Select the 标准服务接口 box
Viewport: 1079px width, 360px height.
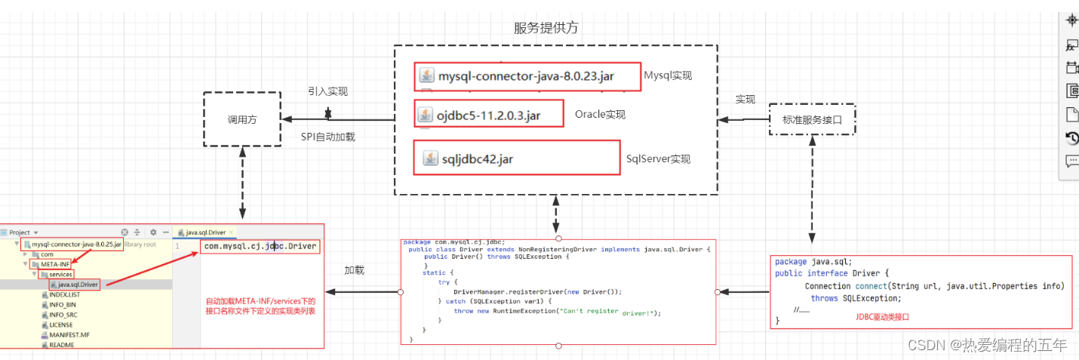pos(812,119)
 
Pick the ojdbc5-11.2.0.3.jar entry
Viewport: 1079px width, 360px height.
pos(488,115)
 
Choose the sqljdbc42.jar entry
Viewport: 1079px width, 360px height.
pos(478,158)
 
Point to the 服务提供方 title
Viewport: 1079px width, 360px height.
pos(546,28)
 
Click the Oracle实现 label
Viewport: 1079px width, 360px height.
pos(600,115)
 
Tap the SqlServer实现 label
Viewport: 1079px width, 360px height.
pos(658,159)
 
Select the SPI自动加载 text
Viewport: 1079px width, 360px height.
pos(327,137)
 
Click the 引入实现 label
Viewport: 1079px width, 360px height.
pos(327,91)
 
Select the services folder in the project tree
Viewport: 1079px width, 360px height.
pos(60,274)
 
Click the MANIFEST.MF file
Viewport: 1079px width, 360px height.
pos(69,334)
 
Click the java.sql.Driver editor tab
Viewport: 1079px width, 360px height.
pos(205,232)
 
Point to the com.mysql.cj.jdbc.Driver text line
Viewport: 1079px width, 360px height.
pos(260,247)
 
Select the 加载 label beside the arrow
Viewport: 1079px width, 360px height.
pos(354,270)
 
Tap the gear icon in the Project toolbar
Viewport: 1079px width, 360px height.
pos(153,232)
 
